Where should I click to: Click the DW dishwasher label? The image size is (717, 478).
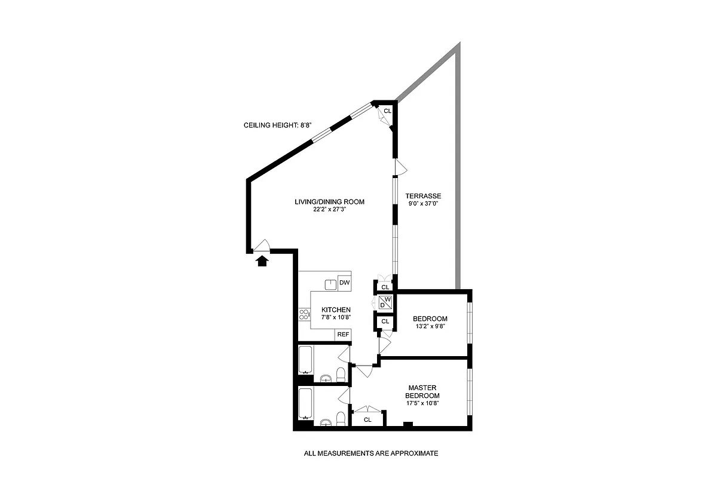[344, 283]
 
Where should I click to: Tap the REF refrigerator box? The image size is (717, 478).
[343, 335]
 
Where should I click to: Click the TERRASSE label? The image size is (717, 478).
[423, 196]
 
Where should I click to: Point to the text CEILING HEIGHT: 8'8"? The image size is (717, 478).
[278, 125]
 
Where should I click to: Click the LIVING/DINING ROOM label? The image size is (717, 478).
[329, 202]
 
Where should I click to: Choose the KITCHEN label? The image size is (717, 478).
[336, 310]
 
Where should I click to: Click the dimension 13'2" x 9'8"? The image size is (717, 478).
[430, 327]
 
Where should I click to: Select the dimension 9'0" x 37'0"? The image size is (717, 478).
[423, 204]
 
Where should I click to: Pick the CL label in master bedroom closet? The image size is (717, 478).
[367, 419]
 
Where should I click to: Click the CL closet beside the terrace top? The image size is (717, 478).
[387, 111]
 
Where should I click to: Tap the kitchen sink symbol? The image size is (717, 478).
[330, 284]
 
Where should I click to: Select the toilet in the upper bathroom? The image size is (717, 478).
[341, 375]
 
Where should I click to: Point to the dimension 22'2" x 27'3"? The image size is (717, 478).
[329, 210]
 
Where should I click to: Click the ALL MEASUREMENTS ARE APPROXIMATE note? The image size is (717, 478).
[370, 454]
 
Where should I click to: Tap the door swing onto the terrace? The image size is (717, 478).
[401, 167]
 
